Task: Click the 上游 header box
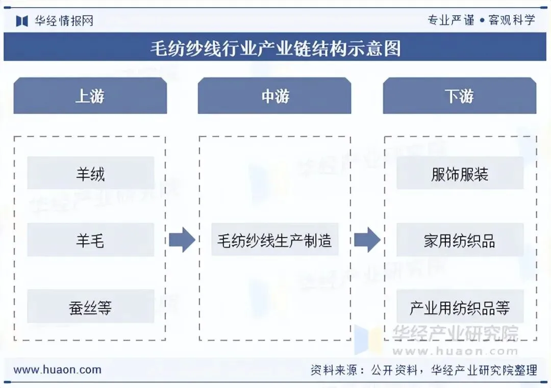[90, 96]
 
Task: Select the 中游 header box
[274, 96]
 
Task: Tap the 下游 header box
[459, 96]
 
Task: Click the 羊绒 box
[90, 173]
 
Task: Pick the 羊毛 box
[90, 240]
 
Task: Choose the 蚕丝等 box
[90, 307]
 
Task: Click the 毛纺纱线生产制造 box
[274, 240]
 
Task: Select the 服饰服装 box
[460, 173]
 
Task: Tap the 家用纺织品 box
[460, 240]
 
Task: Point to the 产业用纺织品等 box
[460, 307]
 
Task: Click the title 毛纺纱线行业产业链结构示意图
[275, 48]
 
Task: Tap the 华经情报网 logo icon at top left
[22, 20]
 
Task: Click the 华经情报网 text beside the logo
[64, 20]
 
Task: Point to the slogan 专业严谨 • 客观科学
[481, 20]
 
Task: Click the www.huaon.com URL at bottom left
[57, 370]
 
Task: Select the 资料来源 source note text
[423, 370]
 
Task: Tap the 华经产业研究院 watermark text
[454, 333]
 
